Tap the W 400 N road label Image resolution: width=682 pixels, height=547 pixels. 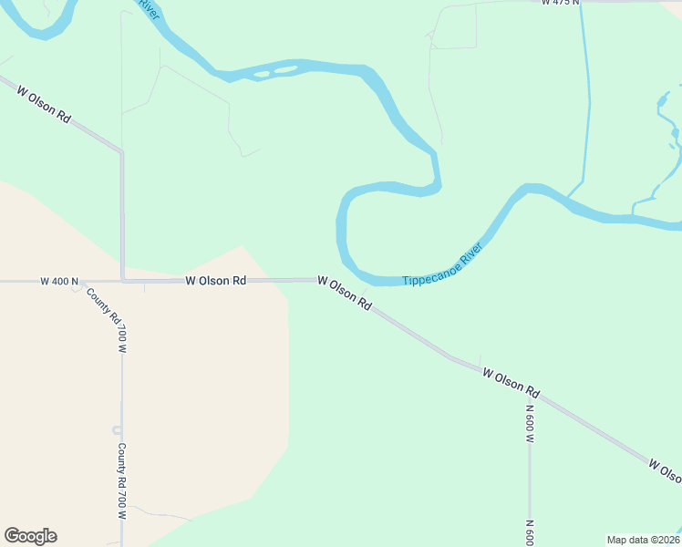[60, 282]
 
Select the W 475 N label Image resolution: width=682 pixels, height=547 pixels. [560, 4]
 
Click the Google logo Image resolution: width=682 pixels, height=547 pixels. [30, 536]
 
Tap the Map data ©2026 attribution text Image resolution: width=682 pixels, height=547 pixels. [643, 540]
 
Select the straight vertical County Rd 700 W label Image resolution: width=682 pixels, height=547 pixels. [121, 481]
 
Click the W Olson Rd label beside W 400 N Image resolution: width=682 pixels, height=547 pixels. [216, 281]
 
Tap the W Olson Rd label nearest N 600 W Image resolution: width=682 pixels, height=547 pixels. [511, 384]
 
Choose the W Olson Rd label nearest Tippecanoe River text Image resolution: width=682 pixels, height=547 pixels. [345, 294]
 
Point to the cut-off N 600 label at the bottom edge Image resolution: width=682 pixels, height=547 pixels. [530, 532]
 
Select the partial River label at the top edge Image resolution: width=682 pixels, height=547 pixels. [149, 5]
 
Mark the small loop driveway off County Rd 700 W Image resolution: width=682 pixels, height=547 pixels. [116, 430]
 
